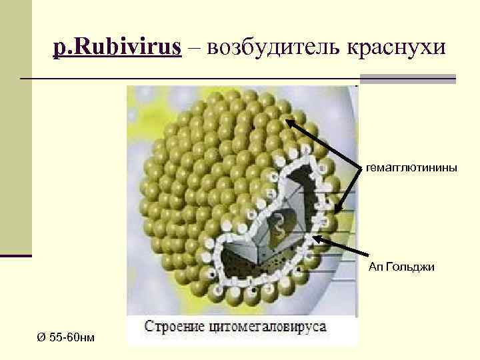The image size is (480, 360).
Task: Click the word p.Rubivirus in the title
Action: tap(117, 47)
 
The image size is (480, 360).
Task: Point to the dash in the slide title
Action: tap(193, 48)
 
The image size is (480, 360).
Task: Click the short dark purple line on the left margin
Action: tap(16, 255)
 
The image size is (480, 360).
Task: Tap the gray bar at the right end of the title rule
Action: tap(446, 79)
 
